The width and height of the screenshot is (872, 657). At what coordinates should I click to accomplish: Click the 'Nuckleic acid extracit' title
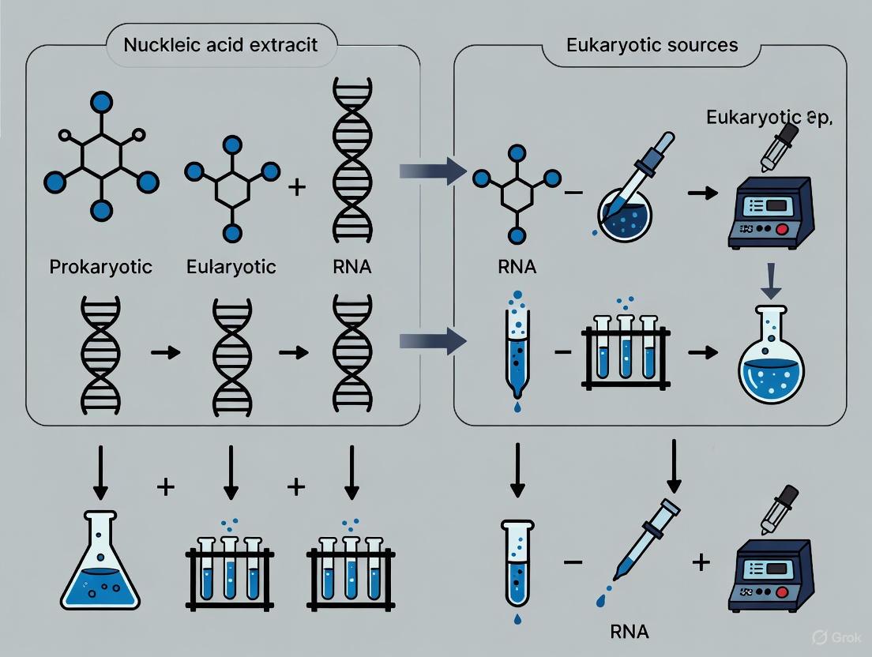pos(220,43)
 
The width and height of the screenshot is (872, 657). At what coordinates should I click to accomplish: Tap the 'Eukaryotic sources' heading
pos(652,44)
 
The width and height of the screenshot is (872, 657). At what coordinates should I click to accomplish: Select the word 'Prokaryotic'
pos(100,267)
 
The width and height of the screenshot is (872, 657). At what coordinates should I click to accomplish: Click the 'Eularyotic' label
pos(231,267)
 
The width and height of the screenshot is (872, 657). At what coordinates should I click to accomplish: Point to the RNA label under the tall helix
pos(352,267)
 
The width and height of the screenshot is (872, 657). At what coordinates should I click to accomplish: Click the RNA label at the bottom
pos(630,631)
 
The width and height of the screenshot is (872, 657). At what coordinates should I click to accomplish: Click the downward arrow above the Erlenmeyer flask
pos(100,473)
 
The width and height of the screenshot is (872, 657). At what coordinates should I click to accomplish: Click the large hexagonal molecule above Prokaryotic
pos(100,163)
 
